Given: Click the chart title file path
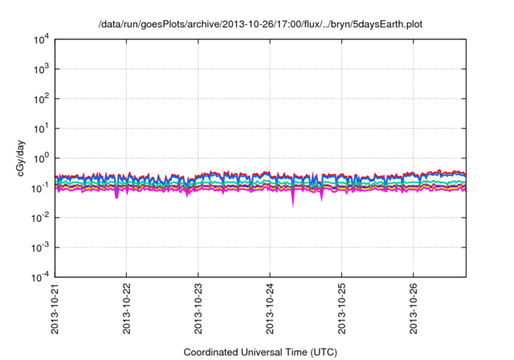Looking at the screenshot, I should [x=259, y=24].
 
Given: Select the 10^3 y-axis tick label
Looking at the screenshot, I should [x=40, y=69].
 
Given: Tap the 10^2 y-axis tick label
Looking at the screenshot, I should [x=40, y=99].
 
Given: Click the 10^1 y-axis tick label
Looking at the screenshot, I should [x=40, y=129].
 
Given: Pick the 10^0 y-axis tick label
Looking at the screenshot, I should [x=40, y=158].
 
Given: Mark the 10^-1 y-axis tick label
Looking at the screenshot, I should [x=40, y=188].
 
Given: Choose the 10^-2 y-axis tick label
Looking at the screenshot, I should [x=40, y=218].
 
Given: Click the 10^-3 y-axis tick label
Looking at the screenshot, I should [x=40, y=247].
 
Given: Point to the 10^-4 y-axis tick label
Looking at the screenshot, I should [x=40, y=277].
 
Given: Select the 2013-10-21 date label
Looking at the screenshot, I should [x=55, y=309].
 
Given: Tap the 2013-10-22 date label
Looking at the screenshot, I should [x=127, y=309].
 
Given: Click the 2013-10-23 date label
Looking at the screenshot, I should [x=198, y=309].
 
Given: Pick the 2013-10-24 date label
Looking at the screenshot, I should [x=270, y=309].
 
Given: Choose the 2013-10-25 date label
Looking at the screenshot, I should [x=341, y=309].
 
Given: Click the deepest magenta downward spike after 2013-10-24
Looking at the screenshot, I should [x=292, y=204].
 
